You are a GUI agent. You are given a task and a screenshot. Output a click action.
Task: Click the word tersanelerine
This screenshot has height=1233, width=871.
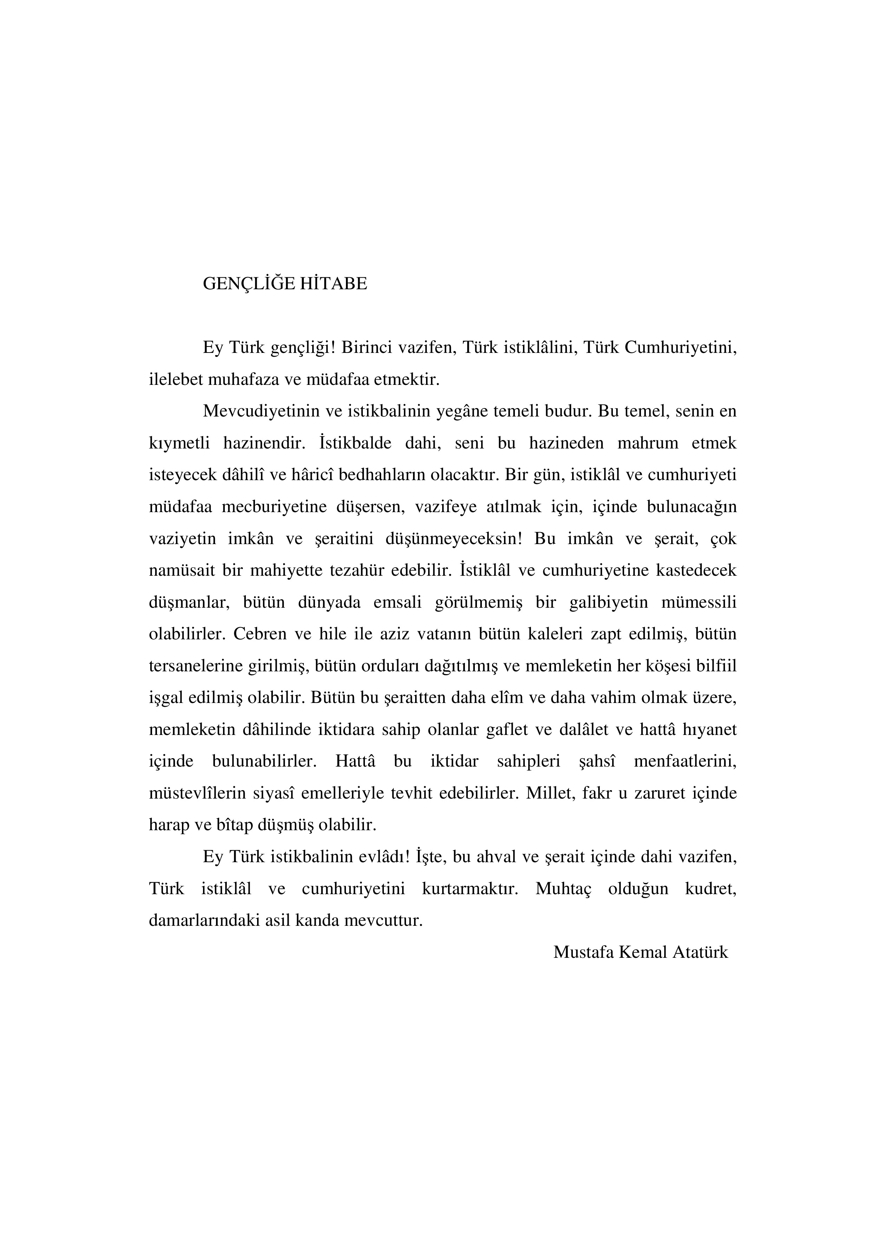(194, 666)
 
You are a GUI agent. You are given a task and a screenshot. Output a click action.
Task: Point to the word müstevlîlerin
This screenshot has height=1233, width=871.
(197, 794)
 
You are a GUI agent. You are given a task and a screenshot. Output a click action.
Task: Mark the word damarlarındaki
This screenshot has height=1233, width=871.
(204, 921)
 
